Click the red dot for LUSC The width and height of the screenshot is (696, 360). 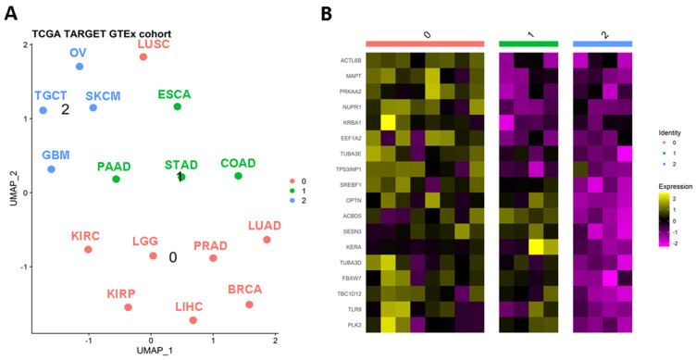143,57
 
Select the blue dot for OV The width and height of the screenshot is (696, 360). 80,67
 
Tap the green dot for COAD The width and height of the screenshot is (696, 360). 238,176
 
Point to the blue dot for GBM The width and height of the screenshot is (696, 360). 52,169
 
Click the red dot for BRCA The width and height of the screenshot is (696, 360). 249,304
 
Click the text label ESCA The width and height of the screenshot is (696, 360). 175,93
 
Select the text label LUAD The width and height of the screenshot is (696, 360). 266,226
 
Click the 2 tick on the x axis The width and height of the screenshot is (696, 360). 275,339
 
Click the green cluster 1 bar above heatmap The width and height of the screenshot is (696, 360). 528,44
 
